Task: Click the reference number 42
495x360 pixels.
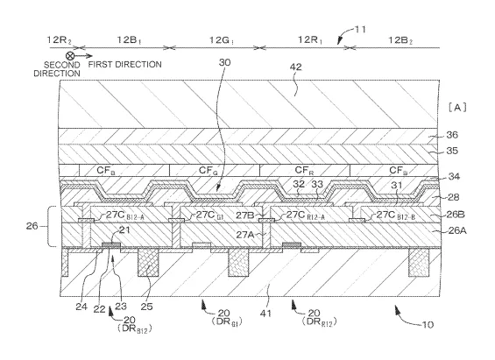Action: point(296,67)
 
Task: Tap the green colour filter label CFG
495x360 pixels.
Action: point(209,171)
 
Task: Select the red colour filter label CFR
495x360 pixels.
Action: point(304,171)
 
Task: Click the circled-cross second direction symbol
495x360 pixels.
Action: point(70,56)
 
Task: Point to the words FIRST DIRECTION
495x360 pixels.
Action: point(124,65)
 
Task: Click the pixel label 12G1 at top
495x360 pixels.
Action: point(222,40)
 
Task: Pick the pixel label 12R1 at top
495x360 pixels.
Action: point(310,40)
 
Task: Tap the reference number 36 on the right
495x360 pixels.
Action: point(452,135)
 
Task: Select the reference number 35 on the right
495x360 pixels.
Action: point(452,151)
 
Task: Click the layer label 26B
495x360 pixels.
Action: point(456,215)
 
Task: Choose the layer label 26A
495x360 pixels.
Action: point(457,230)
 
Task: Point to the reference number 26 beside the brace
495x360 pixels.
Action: point(32,226)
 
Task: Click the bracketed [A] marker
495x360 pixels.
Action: point(457,108)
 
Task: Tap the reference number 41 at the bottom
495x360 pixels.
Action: point(265,314)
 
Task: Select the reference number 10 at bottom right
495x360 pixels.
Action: point(428,325)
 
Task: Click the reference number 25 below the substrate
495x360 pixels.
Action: point(146,306)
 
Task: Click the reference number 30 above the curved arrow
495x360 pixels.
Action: point(225,62)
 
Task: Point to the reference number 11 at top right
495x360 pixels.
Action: point(360,29)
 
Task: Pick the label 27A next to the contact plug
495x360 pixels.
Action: point(245,235)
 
